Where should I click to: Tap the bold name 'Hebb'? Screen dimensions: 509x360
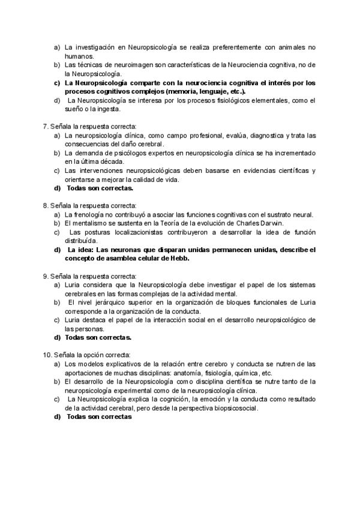tap(179, 258)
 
